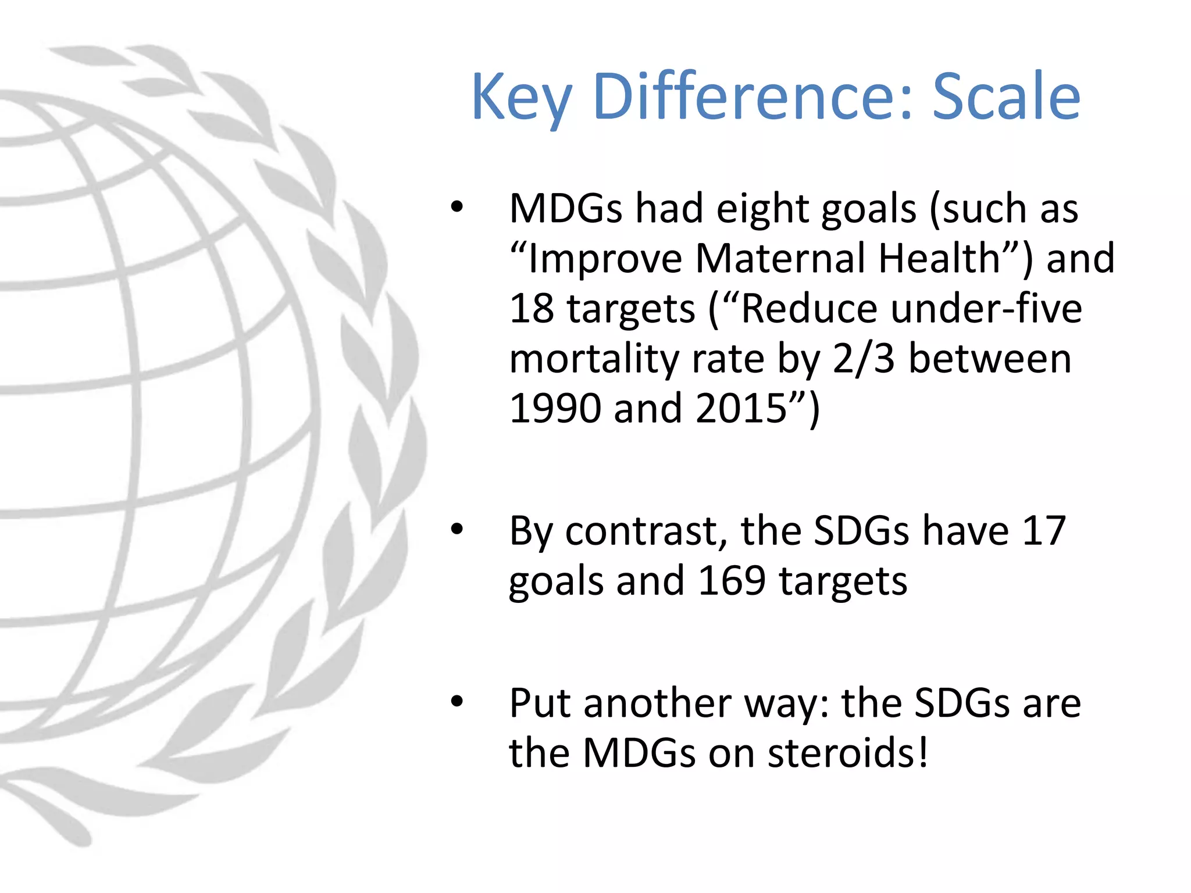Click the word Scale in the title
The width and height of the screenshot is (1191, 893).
click(x=1006, y=97)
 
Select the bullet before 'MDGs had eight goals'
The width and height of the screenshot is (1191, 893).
click(x=457, y=207)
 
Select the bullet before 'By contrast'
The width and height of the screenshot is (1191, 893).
click(x=457, y=530)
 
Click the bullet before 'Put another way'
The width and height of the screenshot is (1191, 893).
click(x=457, y=702)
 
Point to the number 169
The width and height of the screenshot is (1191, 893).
click(x=732, y=580)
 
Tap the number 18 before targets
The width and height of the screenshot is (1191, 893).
click(x=532, y=308)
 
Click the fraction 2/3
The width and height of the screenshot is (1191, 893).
click(x=863, y=358)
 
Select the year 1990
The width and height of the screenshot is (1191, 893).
click(x=554, y=408)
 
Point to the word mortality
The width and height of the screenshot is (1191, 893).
click(x=594, y=359)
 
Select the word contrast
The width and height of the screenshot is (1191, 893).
click(x=646, y=531)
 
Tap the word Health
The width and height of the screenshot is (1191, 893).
click(x=939, y=258)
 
